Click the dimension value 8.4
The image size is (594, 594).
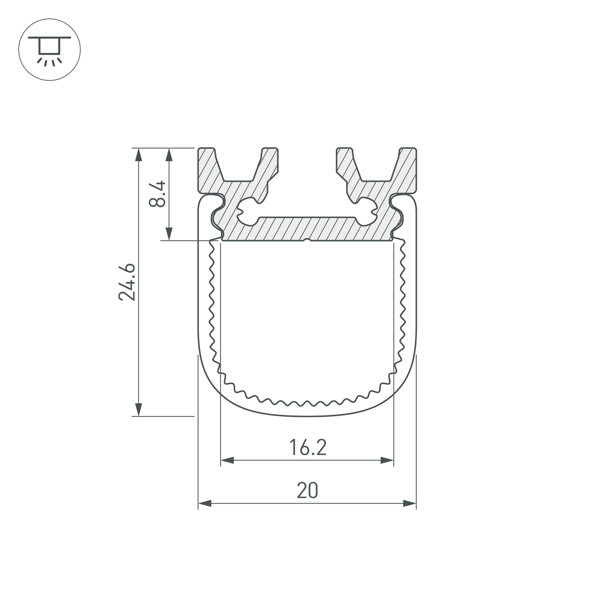click(157, 194)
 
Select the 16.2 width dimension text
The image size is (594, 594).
click(308, 448)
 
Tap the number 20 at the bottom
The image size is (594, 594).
click(307, 491)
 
